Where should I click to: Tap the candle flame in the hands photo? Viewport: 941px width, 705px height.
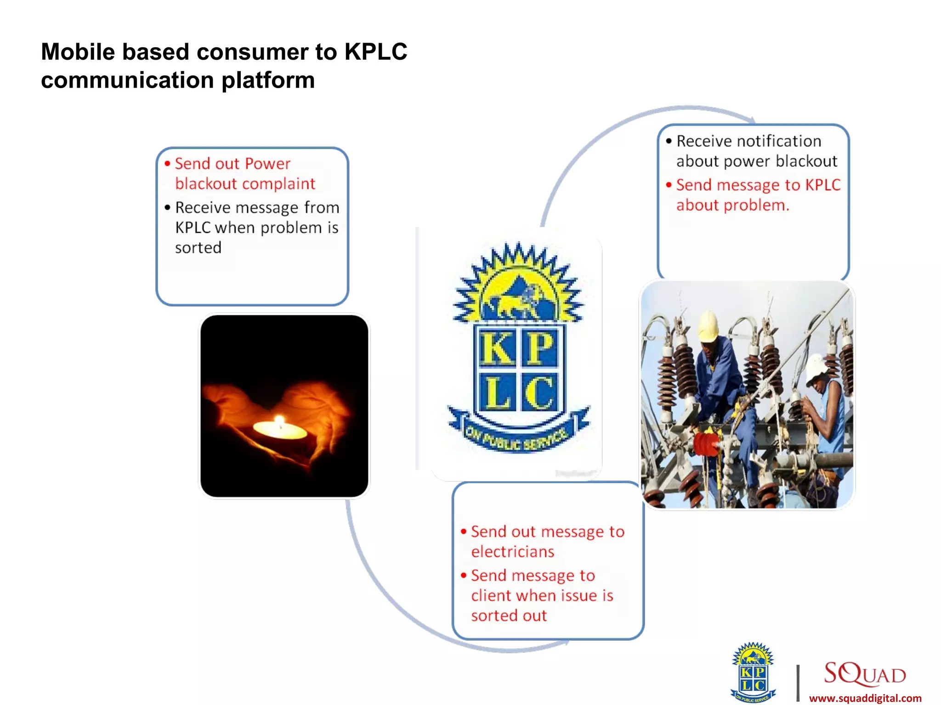point(279,421)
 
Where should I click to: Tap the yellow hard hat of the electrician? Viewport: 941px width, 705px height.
point(709,325)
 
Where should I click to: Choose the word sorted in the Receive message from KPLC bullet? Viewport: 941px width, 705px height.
point(198,248)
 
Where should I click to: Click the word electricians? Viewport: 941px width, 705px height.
point(512,552)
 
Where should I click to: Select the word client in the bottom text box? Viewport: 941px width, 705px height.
point(491,596)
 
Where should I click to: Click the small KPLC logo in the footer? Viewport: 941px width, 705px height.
point(753,672)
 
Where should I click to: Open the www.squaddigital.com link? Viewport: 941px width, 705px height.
point(865,698)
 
